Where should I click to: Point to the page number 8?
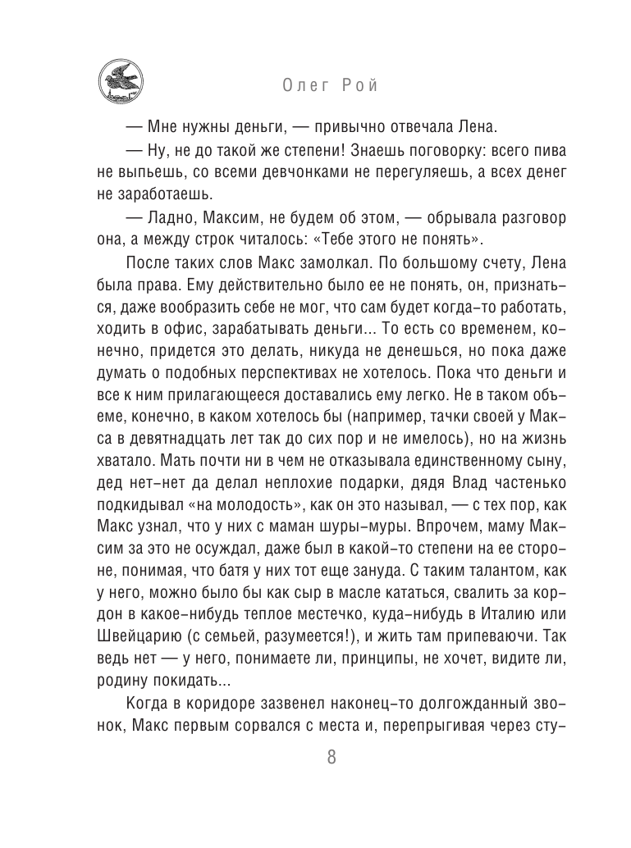tap(332, 757)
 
